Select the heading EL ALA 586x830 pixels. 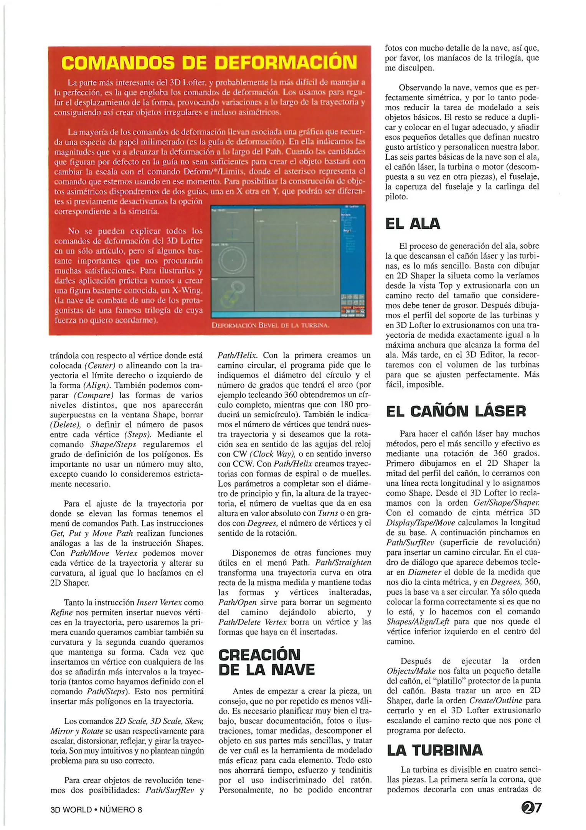413,224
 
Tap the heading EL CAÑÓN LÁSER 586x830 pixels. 456,412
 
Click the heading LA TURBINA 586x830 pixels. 434,750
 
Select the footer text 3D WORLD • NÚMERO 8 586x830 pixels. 96,810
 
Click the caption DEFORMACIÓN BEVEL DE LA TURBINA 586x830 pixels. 271,325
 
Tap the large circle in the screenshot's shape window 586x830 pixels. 232,261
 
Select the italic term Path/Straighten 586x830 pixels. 343,563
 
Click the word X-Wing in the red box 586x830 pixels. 187,290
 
